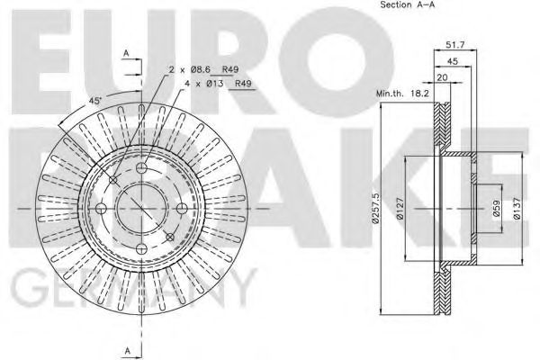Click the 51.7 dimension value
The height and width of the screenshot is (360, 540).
455,44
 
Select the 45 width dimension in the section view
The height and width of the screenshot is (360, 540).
452,61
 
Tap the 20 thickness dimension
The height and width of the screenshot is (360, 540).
442,77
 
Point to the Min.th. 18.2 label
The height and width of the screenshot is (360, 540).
402,93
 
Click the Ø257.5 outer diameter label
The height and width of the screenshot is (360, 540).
375,208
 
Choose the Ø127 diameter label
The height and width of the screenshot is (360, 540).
400,208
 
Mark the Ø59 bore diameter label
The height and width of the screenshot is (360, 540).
496,209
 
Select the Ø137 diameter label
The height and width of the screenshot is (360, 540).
517,208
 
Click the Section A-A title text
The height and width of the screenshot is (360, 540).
408,4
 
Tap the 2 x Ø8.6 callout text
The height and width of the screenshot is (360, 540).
189,69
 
